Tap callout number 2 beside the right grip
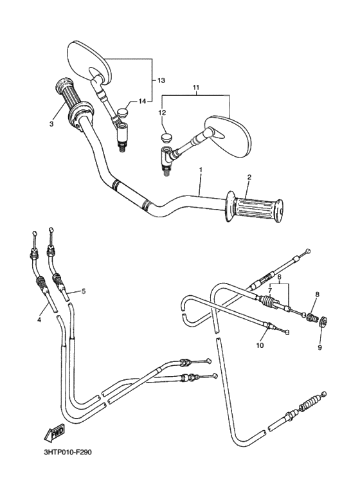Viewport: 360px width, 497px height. click(x=249, y=177)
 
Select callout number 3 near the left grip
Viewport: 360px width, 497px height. click(x=51, y=124)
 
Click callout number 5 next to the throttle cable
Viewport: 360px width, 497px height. click(x=83, y=291)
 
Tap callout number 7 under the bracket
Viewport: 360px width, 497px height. click(x=270, y=291)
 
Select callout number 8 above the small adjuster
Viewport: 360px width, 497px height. click(x=316, y=295)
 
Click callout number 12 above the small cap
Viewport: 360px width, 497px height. click(x=163, y=113)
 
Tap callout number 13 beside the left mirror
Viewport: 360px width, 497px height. click(x=161, y=80)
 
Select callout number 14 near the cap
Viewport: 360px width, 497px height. click(x=142, y=101)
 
